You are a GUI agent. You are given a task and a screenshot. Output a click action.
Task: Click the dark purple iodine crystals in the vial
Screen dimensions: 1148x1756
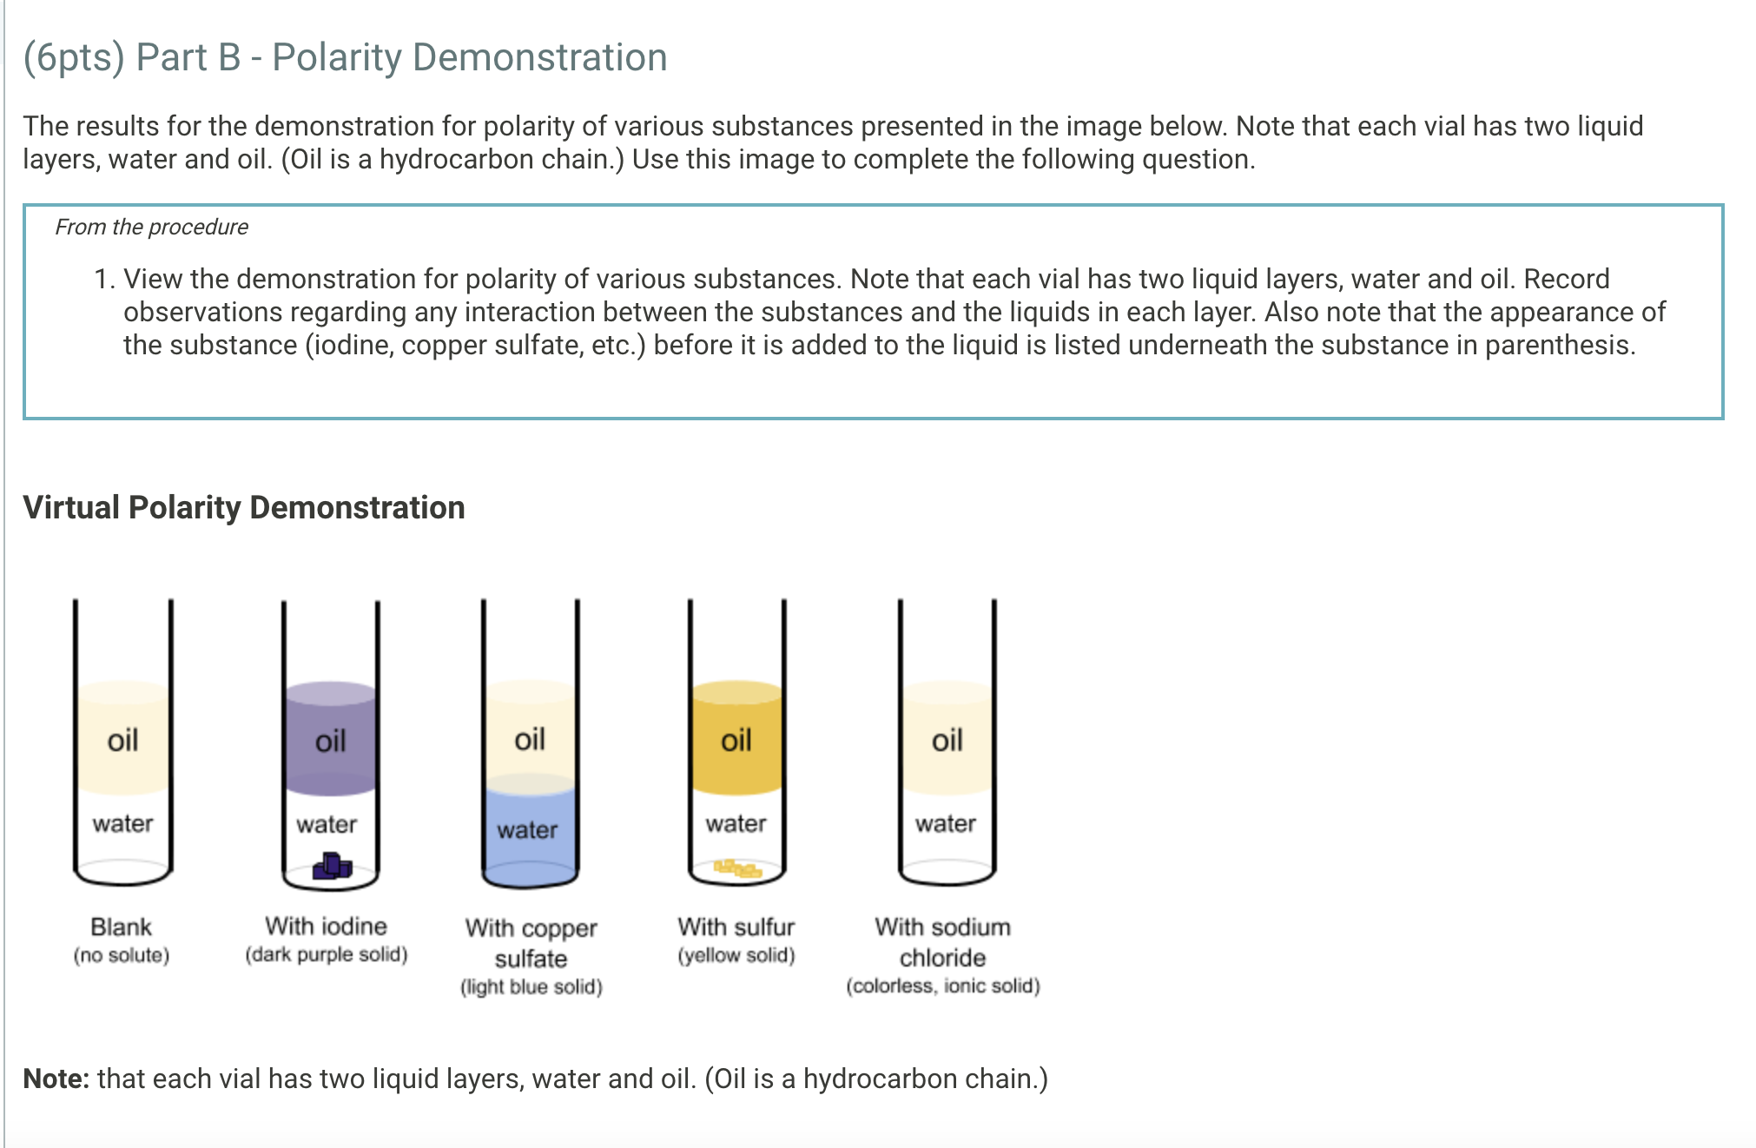(x=332, y=866)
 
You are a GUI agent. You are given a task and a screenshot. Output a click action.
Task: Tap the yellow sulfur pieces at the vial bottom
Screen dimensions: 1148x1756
(x=737, y=868)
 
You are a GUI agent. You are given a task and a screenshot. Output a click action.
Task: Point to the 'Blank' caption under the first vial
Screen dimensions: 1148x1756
(x=122, y=927)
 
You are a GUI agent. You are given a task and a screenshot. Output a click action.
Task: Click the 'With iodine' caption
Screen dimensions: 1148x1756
(x=327, y=926)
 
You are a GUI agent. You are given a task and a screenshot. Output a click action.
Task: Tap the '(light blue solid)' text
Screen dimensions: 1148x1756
(x=531, y=986)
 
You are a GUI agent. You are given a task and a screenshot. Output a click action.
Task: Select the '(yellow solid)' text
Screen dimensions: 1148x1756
(x=736, y=955)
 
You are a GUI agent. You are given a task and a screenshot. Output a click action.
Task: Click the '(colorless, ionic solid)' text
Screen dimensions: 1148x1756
(x=943, y=986)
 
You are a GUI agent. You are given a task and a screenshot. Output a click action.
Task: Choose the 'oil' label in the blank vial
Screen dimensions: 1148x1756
(x=122, y=741)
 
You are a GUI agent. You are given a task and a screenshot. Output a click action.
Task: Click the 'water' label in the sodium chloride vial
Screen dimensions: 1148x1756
(x=946, y=823)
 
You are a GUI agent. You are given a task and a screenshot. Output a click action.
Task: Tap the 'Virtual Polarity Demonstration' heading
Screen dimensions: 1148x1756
(x=244, y=508)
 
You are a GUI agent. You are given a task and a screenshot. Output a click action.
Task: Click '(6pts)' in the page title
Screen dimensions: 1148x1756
(x=74, y=58)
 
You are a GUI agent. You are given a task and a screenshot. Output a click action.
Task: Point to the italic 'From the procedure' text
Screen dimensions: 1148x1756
(x=152, y=228)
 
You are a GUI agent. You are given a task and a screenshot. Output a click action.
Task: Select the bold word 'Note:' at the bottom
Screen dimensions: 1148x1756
(x=56, y=1079)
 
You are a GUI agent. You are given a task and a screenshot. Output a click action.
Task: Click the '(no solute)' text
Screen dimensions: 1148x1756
(x=122, y=955)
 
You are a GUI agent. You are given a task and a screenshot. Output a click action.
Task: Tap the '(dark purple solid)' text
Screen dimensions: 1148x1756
(x=327, y=954)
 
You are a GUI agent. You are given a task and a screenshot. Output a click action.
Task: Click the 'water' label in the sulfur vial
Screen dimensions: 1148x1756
(x=736, y=823)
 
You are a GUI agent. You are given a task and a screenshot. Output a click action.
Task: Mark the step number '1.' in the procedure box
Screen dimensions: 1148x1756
(x=104, y=280)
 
